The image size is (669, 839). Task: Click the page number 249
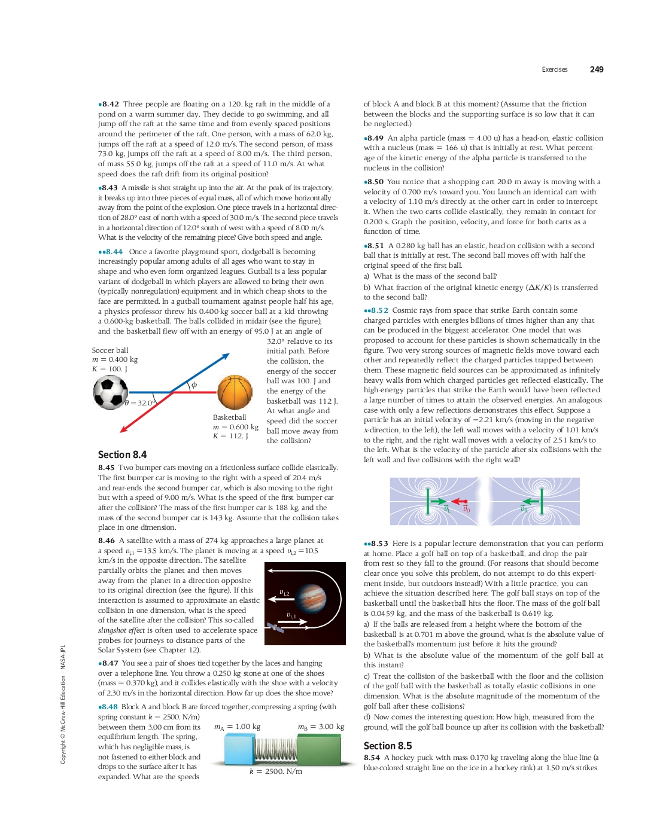pyautogui.click(x=596, y=69)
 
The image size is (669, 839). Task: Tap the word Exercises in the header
pyautogui.click(x=554, y=69)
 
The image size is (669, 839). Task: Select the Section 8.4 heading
pyautogui.click(x=122, y=454)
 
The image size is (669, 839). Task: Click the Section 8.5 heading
pyautogui.click(x=388, y=746)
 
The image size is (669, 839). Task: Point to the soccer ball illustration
pyautogui.click(x=111, y=392)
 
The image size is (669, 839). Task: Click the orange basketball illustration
pyautogui.click(x=235, y=392)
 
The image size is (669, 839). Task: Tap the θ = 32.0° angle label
pyautogui.click(x=140, y=403)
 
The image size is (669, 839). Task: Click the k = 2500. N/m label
pyautogui.click(x=275, y=771)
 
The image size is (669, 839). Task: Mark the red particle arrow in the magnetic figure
pyautogui.click(x=460, y=501)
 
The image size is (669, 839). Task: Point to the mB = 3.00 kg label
pyautogui.click(x=321, y=727)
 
